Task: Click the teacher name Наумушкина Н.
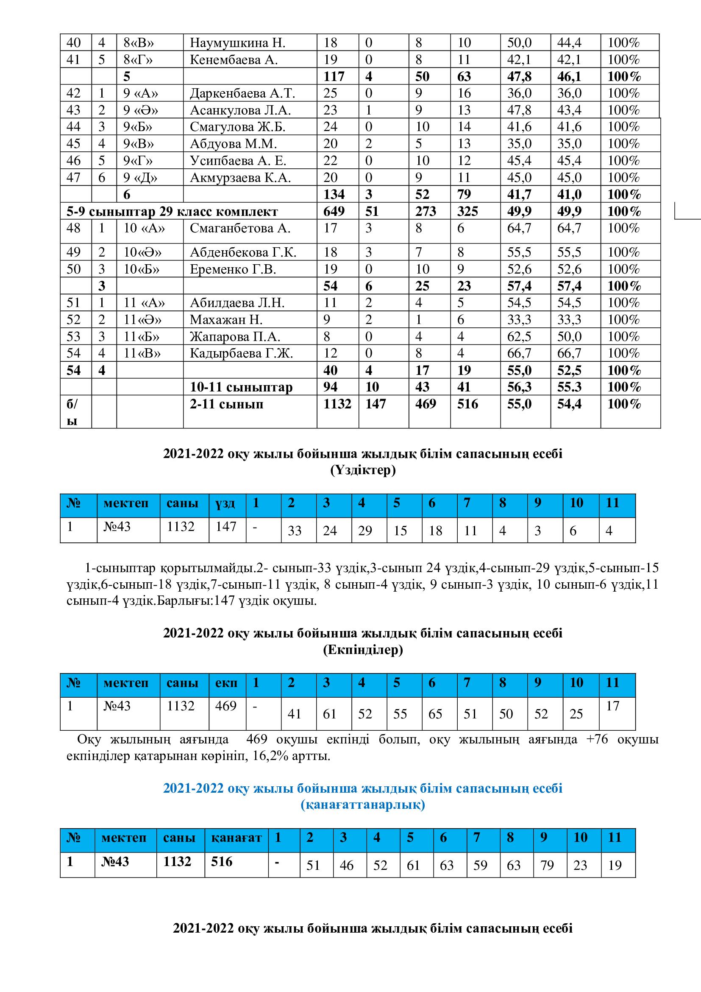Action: pos(237,43)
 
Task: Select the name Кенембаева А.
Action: pos(233,60)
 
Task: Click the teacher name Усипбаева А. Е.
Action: pos(238,161)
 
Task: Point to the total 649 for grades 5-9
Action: pos(334,211)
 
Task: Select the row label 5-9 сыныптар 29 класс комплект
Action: pos(172,212)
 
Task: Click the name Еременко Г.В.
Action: pos(233,269)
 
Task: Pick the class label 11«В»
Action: pos(142,353)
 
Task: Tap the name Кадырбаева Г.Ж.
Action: pos(241,353)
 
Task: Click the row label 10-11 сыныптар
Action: pos(241,387)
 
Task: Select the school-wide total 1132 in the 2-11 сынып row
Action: pos(337,404)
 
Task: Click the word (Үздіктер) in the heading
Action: pos(363,470)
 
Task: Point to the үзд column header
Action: pos(225,503)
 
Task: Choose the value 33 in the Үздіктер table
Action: pos(295,531)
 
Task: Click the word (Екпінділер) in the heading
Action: pos(363,650)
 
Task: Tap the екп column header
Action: pos(226,683)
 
